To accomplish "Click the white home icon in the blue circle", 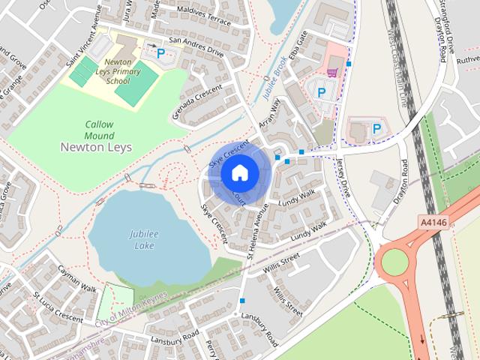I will coord(239,172).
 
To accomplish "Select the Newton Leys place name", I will coord(95,147).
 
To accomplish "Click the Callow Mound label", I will coord(99,129).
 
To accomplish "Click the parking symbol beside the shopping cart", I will coord(322,92).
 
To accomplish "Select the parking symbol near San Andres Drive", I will coord(160,53).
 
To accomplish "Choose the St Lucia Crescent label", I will coord(57,310).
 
